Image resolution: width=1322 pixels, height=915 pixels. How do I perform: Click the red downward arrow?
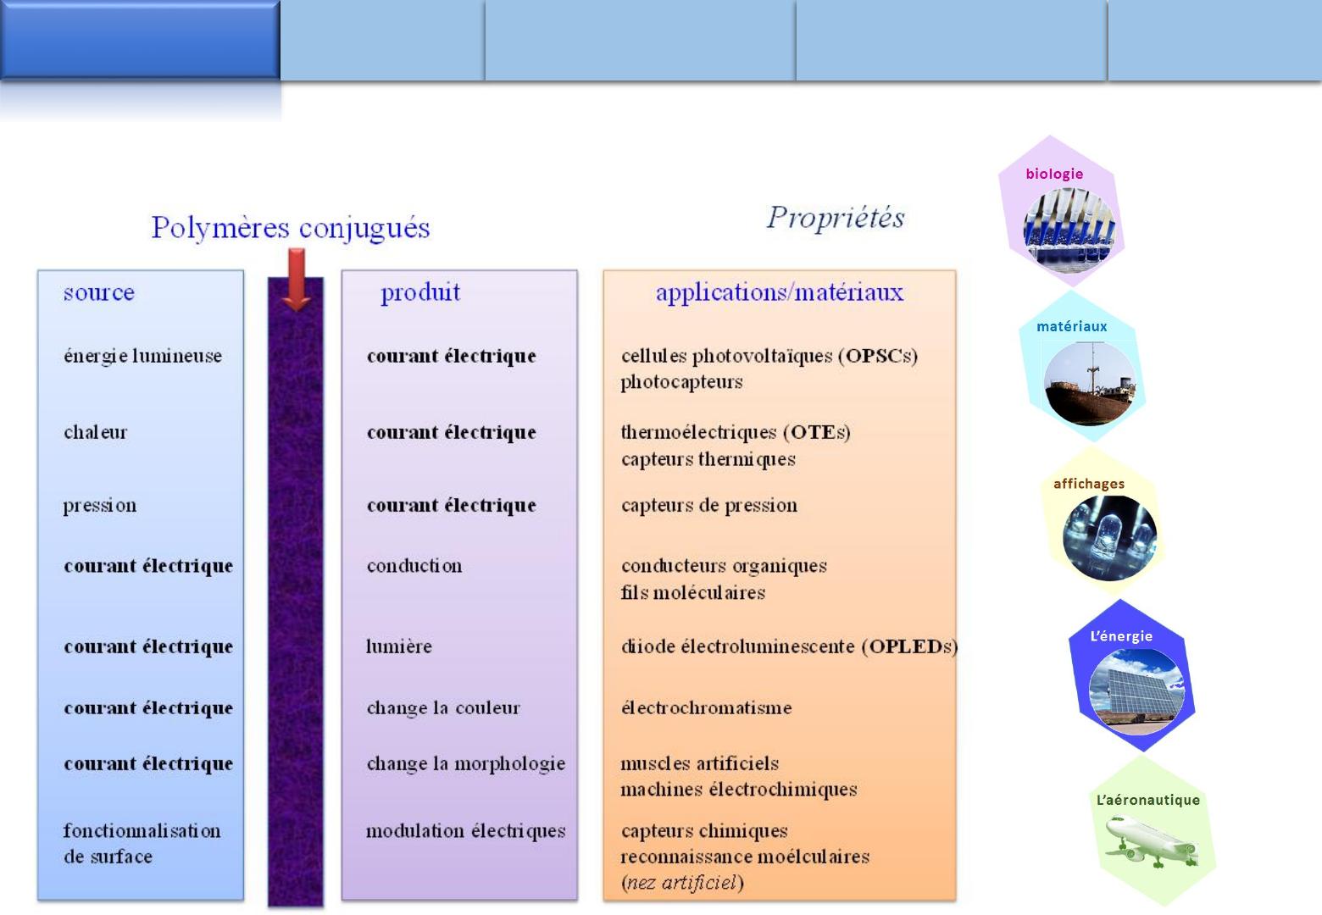[297, 280]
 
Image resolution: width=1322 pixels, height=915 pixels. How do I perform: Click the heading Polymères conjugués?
[291, 228]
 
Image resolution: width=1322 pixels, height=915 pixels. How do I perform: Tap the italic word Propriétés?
[836, 218]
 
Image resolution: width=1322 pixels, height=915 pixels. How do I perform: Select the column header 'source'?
[99, 292]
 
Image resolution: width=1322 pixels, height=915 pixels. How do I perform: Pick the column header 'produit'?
[420, 292]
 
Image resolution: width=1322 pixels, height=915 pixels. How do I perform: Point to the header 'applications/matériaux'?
[780, 292]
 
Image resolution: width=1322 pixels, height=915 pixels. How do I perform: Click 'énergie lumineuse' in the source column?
[143, 356]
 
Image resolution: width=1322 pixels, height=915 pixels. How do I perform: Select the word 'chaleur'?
[96, 432]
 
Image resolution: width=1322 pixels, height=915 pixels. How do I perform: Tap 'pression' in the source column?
[100, 506]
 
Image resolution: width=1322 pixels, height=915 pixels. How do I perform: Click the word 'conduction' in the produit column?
[414, 566]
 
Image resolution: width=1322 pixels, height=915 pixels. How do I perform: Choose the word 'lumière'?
[399, 646]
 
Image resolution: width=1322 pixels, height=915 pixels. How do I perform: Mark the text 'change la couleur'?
[443, 707]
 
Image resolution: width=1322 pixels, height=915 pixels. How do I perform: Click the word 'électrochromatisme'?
[707, 707]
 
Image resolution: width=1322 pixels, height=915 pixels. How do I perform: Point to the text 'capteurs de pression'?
[709, 506]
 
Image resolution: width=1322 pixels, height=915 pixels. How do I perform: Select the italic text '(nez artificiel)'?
[682, 883]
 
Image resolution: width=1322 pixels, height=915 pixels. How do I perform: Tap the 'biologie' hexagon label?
[1055, 174]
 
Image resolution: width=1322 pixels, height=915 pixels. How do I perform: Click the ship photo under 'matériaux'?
[1090, 384]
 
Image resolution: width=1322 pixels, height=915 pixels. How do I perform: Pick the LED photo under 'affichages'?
[1109, 537]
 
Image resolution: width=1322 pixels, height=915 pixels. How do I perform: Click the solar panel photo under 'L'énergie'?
[1136, 691]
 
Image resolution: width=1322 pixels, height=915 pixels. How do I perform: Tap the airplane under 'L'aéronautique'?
[1151, 842]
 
